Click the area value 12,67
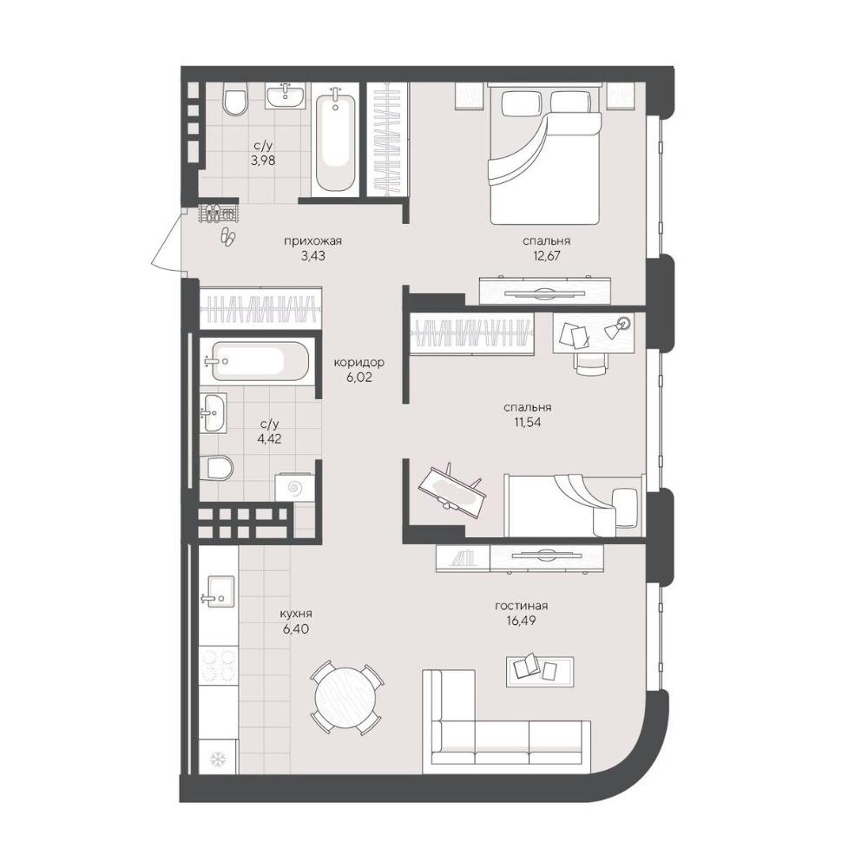point(545,256)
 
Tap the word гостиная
point(521,606)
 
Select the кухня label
point(296,614)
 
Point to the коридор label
point(358,363)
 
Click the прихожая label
point(312,240)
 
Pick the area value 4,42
point(270,438)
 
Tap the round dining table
point(345,698)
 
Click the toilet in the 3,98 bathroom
point(235,101)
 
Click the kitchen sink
point(220,592)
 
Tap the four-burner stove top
point(219,666)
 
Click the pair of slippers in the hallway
point(228,236)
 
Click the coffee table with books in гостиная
point(540,671)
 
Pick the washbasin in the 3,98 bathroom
point(285,95)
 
